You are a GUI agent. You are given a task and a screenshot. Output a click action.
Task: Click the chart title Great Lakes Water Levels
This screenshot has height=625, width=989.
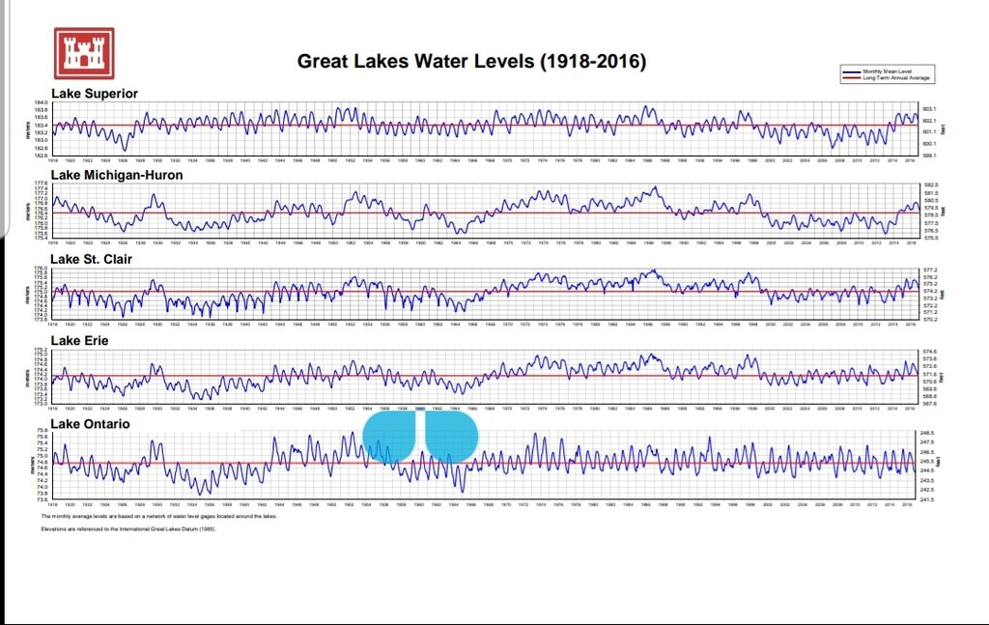(470, 62)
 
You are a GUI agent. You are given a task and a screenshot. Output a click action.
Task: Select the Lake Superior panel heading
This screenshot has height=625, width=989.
(94, 94)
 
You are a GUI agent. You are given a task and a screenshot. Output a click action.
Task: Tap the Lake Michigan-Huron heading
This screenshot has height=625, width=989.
(116, 176)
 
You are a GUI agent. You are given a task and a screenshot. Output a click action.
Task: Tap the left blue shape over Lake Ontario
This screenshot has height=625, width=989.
(389, 437)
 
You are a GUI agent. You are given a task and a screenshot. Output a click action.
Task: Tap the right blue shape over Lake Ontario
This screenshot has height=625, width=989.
(451, 437)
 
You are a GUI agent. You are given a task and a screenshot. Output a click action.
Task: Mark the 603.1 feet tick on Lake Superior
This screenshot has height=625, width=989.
(929, 110)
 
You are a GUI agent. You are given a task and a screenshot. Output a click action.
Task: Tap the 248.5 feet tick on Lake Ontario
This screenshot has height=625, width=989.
(926, 433)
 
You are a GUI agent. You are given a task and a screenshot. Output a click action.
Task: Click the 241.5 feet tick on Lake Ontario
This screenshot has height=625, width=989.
(926, 499)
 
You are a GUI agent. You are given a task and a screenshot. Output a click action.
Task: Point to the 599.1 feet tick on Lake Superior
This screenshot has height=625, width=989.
(929, 155)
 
